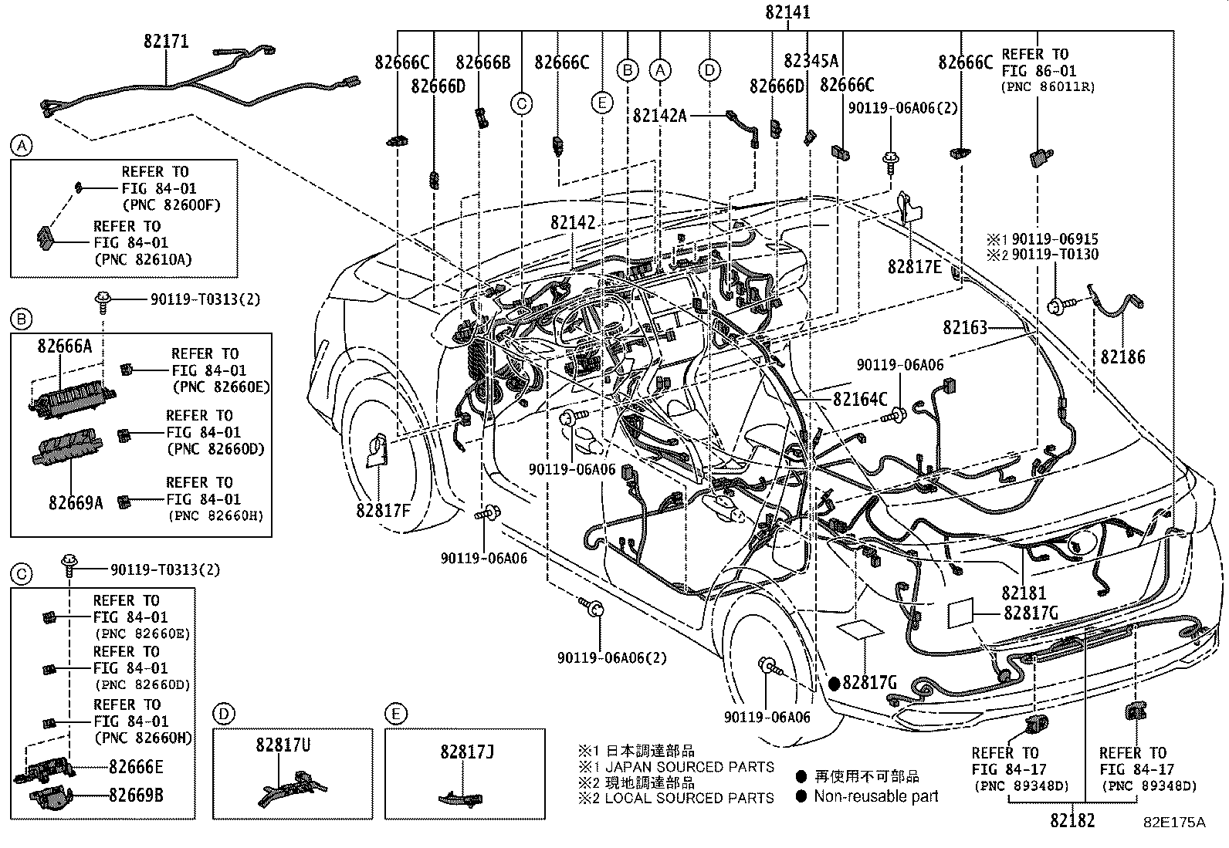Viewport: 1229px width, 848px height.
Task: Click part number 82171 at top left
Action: click(x=165, y=42)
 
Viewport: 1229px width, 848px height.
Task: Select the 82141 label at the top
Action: click(x=787, y=12)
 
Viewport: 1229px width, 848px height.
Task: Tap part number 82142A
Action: click(x=659, y=115)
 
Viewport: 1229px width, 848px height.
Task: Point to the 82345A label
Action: click(x=811, y=61)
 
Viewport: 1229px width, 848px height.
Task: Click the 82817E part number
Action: click(x=915, y=266)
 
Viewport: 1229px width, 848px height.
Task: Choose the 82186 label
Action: click(x=1122, y=357)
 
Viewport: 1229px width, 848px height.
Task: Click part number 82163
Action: click(x=964, y=327)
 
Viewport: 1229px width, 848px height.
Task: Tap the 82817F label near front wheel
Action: click(x=384, y=510)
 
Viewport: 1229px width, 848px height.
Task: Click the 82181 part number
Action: click(x=1024, y=593)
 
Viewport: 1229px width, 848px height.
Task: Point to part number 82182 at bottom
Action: click(x=1072, y=821)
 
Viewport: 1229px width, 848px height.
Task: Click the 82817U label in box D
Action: click(x=283, y=745)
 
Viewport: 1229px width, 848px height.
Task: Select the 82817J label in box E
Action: click(x=466, y=750)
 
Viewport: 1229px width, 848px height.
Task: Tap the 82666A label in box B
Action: click(x=64, y=346)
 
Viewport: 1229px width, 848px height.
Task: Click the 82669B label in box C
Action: click(x=136, y=795)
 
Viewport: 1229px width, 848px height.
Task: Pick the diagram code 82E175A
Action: click(x=1173, y=823)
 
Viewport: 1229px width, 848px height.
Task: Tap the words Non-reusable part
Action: click(x=875, y=796)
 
